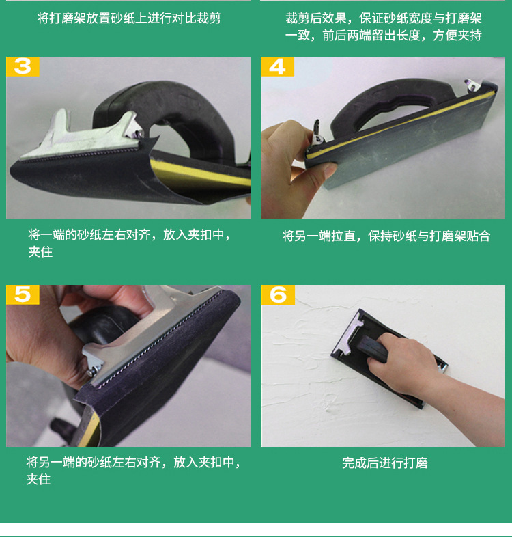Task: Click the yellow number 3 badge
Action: point(23,66)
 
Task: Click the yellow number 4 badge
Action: point(277,66)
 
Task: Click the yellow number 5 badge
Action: point(23,294)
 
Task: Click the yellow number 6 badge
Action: point(278,294)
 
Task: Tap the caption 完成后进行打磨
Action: point(384,463)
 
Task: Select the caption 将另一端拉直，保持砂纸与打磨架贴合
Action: point(386,236)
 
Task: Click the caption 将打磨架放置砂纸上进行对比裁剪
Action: point(128,18)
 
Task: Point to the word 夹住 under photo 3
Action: point(40,252)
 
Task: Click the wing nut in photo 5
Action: point(90,364)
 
